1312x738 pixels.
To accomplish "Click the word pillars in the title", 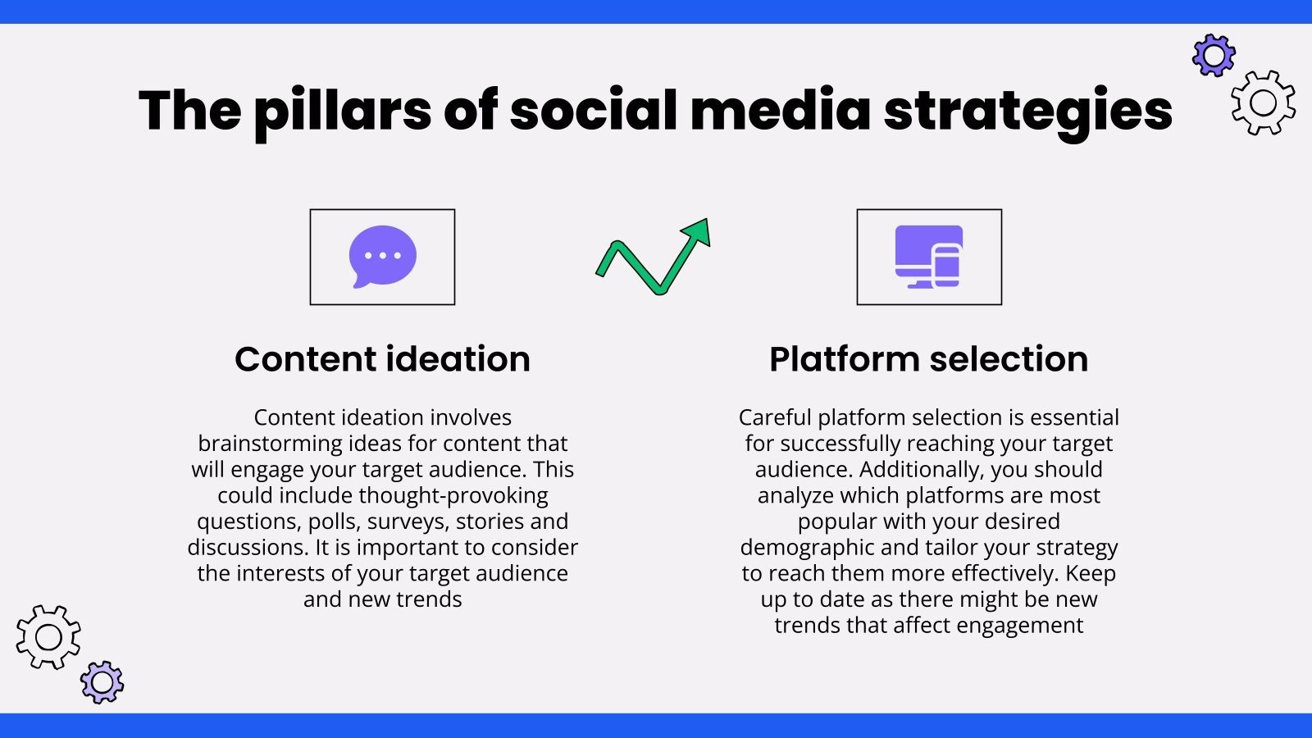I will coord(342,111).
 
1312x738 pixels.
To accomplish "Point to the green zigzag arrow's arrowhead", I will coord(699,231).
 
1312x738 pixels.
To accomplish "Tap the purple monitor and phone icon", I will coord(928,257).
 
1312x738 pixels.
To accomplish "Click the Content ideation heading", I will coord(382,359).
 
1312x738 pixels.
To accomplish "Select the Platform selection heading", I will coord(928,359).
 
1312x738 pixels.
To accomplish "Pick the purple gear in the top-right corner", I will coord(1214,55).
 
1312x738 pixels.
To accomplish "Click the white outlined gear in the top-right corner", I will coord(1263,102).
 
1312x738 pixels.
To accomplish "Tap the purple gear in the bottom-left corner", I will coord(102,681).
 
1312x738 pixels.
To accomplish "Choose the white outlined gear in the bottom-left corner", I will coord(48,637).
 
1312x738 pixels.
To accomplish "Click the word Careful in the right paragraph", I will coord(775,417).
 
